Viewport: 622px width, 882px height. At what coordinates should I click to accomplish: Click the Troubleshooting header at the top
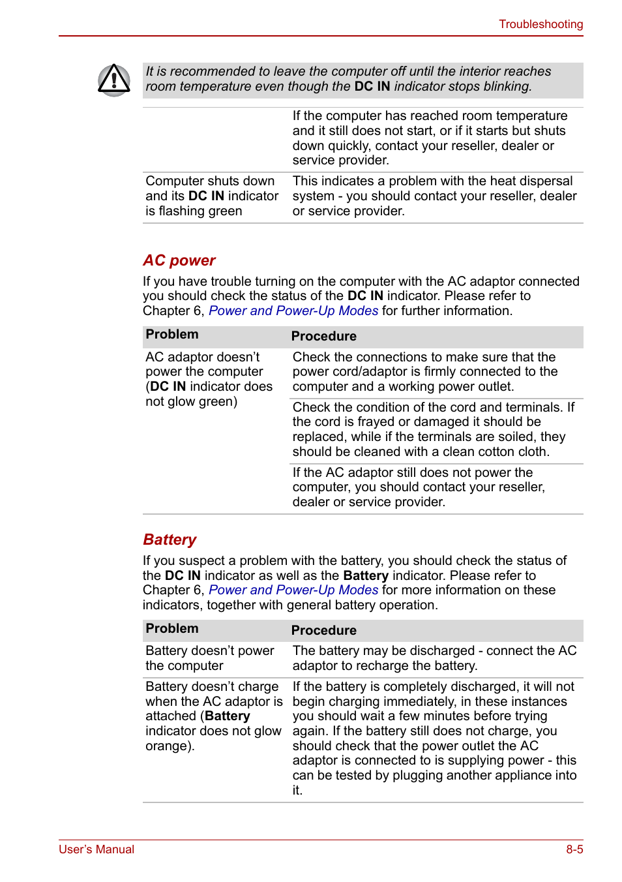point(541,24)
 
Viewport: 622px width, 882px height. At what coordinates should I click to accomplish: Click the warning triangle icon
point(114,80)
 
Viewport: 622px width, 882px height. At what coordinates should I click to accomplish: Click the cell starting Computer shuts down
point(211,196)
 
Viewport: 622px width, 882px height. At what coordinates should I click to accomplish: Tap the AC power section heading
point(179,260)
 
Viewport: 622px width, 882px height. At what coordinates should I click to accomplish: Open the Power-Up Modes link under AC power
point(293,311)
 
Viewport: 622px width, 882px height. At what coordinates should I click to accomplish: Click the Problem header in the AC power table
point(172,335)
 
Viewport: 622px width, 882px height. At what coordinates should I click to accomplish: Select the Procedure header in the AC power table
point(323,336)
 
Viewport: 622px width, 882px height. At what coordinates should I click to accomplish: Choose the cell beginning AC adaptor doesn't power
point(209,379)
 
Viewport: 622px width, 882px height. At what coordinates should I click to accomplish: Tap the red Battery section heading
point(170,540)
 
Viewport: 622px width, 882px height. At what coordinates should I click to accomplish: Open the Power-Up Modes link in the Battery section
point(293,590)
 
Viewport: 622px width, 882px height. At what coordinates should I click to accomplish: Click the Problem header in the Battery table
point(172,629)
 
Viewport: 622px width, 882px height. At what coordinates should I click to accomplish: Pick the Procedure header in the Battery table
point(323,630)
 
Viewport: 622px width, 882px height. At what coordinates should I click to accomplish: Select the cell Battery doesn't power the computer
point(209,658)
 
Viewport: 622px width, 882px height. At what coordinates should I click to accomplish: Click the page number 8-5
point(574,849)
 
